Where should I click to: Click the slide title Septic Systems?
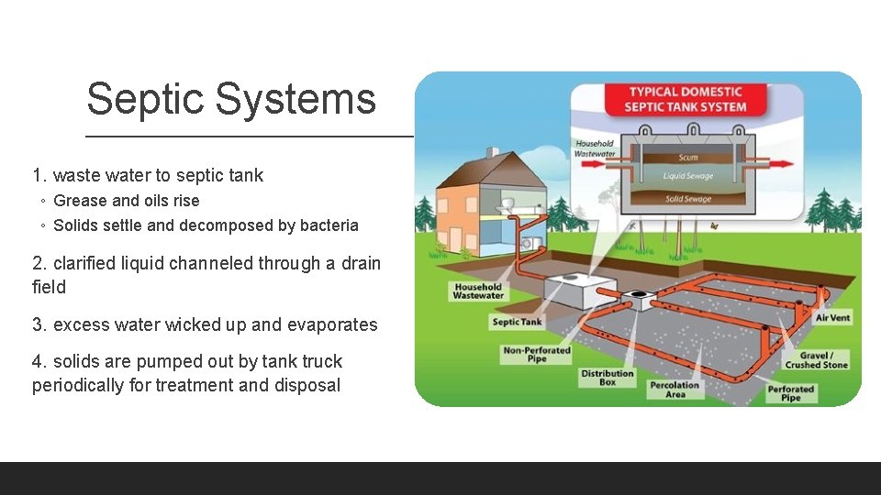[x=231, y=99]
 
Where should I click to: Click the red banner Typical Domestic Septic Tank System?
[x=686, y=99]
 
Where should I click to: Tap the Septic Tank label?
[x=517, y=322]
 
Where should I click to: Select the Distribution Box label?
[x=607, y=378]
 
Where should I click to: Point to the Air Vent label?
[x=832, y=317]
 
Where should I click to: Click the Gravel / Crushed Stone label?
[x=816, y=359]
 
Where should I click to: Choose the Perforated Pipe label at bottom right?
[x=790, y=393]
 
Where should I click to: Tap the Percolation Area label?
[x=675, y=390]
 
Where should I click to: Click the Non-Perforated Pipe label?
[x=537, y=354]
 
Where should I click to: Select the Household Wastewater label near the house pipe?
[x=478, y=291]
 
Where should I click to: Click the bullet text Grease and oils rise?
[x=126, y=201]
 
